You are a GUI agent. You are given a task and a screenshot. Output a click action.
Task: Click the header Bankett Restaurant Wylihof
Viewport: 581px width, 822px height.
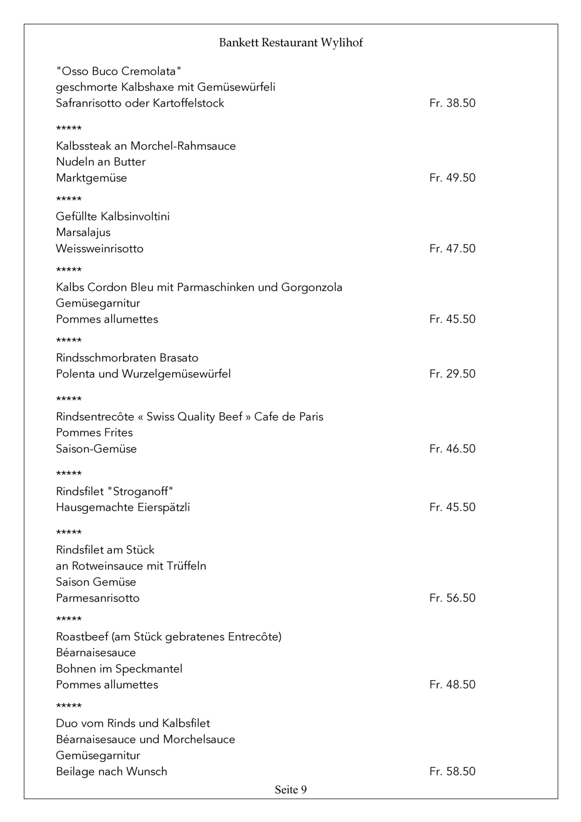click(x=290, y=43)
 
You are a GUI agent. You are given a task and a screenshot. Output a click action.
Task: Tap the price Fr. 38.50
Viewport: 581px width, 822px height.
click(x=452, y=103)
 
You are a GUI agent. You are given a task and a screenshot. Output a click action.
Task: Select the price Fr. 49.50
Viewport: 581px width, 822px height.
click(x=452, y=178)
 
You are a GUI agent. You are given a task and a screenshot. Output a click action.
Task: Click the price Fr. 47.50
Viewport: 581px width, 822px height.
click(x=452, y=248)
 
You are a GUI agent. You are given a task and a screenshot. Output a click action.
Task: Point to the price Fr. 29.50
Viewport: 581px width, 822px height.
click(x=452, y=374)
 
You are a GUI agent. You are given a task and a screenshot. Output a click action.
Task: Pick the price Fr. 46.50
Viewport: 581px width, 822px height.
click(x=452, y=449)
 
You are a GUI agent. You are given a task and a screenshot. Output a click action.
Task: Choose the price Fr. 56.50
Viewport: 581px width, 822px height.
click(x=452, y=598)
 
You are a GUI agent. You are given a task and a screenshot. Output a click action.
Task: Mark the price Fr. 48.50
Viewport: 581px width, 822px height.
click(x=452, y=685)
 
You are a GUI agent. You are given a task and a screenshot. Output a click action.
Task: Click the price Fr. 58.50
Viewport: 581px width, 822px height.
click(x=452, y=771)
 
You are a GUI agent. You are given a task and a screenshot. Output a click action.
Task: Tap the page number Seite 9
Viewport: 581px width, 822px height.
click(x=290, y=790)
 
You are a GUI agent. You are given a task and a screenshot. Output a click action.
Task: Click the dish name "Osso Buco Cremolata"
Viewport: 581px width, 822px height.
click(x=119, y=71)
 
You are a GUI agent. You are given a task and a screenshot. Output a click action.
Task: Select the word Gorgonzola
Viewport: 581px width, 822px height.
click(x=312, y=287)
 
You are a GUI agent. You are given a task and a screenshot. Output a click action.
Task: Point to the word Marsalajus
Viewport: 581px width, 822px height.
click(x=83, y=233)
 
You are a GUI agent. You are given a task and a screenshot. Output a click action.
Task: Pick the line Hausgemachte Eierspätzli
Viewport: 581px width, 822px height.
click(x=123, y=507)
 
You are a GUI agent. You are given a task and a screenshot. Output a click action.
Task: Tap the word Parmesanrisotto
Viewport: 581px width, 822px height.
click(x=97, y=598)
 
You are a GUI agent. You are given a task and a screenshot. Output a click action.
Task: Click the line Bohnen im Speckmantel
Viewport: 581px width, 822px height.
click(x=119, y=669)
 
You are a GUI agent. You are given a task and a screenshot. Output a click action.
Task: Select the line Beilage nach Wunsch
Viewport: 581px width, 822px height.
click(x=111, y=771)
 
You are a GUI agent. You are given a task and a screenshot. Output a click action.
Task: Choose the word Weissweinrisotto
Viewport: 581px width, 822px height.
click(x=99, y=248)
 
